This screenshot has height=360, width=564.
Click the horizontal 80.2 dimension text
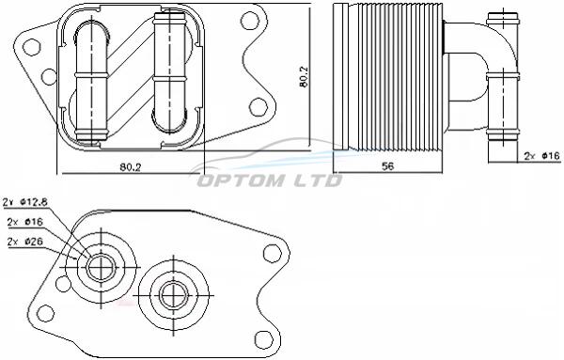click(131, 167)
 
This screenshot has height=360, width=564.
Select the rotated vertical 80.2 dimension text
click(304, 76)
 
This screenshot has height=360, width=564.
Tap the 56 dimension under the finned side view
click(387, 165)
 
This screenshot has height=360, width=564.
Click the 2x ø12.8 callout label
click(24, 202)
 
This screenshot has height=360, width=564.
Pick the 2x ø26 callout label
click(24, 242)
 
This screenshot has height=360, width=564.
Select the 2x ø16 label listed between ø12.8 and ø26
click(24, 222)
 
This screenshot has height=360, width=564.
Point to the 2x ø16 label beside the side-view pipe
click(542, 156)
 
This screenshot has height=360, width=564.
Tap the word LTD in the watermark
click(316, 180)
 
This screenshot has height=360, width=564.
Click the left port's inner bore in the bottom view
click(102, 268)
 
